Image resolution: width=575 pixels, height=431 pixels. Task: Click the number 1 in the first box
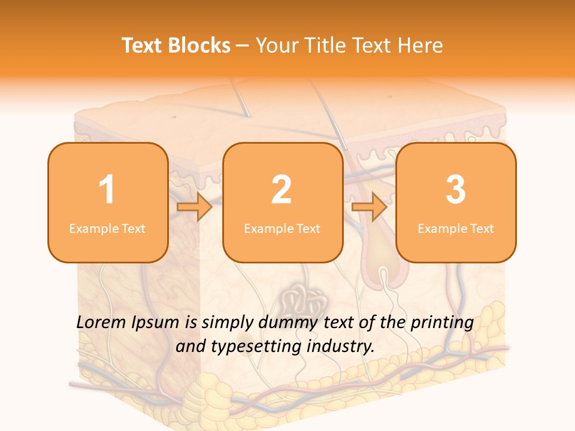107,190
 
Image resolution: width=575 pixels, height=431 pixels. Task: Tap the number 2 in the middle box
282,190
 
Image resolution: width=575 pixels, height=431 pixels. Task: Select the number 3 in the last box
456,190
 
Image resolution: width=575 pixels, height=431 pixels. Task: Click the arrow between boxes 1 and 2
195,207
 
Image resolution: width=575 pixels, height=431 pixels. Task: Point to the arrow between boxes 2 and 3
369,207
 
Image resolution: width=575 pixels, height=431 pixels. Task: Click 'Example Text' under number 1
107,228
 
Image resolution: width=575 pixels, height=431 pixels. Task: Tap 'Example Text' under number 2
282,228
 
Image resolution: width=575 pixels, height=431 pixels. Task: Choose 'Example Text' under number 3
456,228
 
